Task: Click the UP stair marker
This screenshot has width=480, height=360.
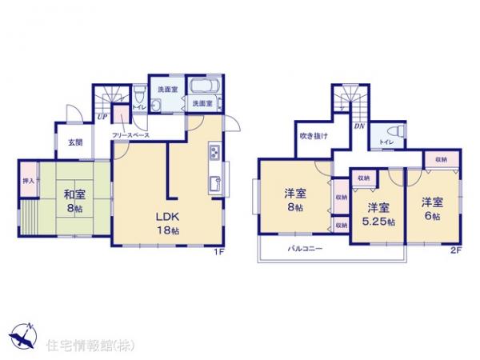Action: pos(103,117)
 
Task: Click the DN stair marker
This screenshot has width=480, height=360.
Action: pos(359,125)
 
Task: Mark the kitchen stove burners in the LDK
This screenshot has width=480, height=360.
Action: pos(214,152)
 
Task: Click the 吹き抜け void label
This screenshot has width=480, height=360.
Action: pos(314,135)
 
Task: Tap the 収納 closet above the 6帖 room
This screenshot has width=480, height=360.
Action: pos(442,160)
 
